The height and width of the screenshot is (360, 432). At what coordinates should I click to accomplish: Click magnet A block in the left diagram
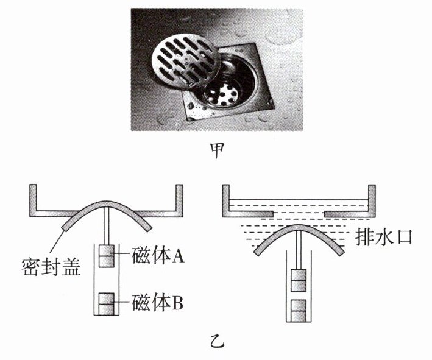[x=107, y=256]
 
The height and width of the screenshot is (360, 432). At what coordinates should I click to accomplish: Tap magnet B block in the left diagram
[x=107, y=302]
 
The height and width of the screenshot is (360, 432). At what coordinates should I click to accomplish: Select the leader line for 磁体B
[x=123, y=300]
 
